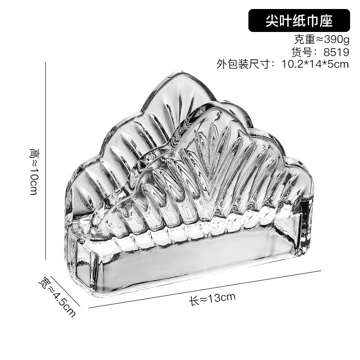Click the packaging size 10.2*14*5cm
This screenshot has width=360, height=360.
[x=315, y=64]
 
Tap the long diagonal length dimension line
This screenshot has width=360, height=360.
[x=205, y=289]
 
